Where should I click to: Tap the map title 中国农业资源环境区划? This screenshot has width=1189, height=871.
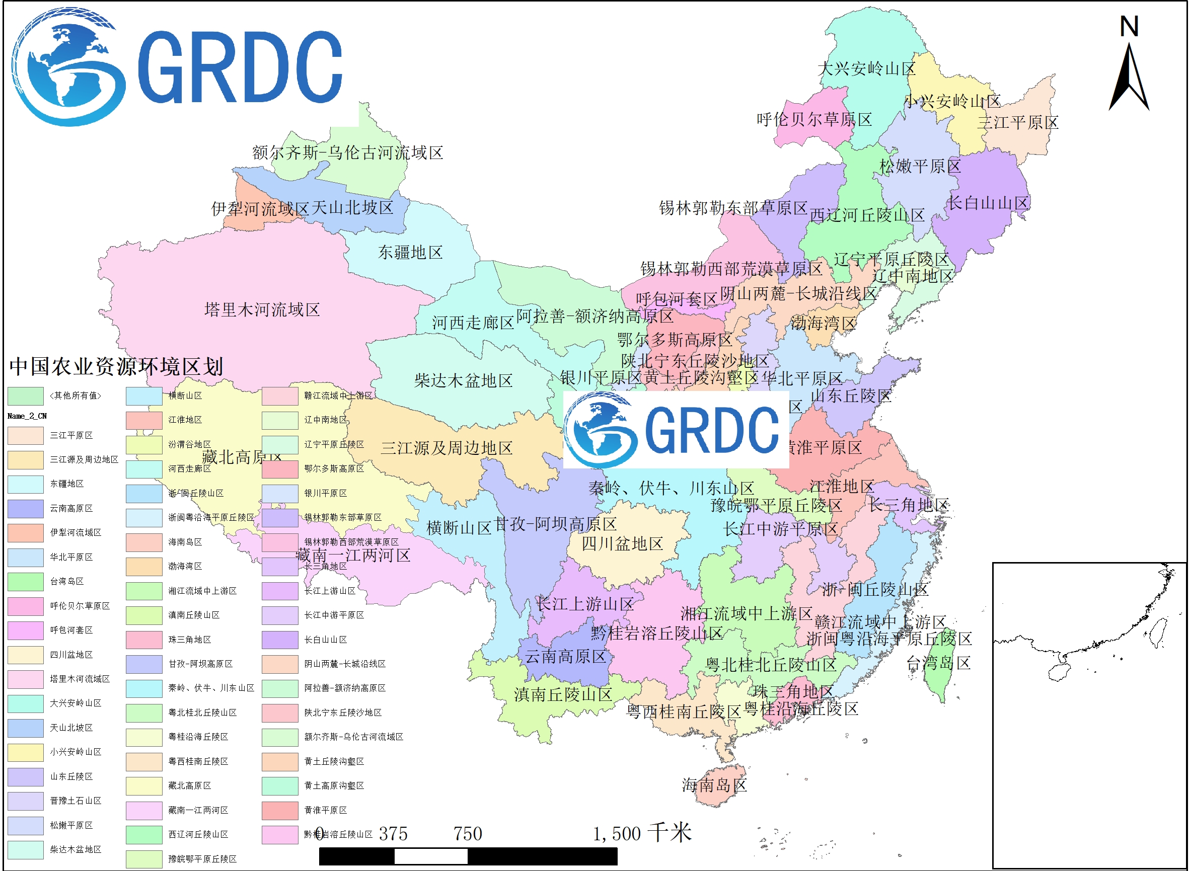pyautogui.click(x=117, y=366)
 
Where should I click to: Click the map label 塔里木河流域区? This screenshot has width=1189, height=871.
pyautogui.click(x=262, y=309)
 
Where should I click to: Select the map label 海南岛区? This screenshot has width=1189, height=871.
pyautogui.click(x=714, y=785)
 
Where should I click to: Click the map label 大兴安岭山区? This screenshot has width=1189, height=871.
pyautogui.click(x=866, y=68)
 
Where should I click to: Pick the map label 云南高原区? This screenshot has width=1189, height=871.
pyautogui.click(x=565, y=657)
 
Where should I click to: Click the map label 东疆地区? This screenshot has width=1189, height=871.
pyautogui.click(x=410, y=253)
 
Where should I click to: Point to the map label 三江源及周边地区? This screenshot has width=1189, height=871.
pyautogui.click(x=447, y=448)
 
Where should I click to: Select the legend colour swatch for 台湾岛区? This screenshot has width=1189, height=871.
pyautogui.click(x=25, y=582)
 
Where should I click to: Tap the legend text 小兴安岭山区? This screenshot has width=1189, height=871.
pyautogui.click(x=76, y=752)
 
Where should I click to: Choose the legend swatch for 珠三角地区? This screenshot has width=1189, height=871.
pyautogui.click(x=144, y=640)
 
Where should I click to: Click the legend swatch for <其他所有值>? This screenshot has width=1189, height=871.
pyautogui.click(x=25, y=396)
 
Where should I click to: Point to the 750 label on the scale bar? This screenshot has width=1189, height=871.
pyautogui.click(x=468, y=834)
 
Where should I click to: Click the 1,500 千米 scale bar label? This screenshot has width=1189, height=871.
pyautogui.click(x=642, y=833)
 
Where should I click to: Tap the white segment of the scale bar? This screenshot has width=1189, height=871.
pyautogui.click(x=430, y=856)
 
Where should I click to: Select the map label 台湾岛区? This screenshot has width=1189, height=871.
pyautogui.click(x=938, y=663)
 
